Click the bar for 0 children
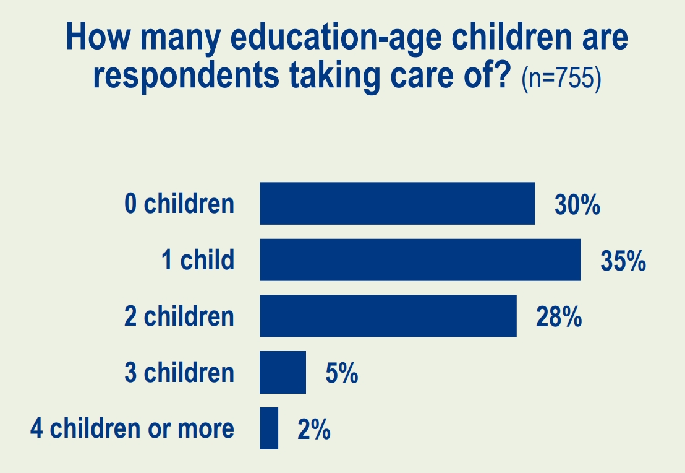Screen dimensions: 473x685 (x=397, y=203)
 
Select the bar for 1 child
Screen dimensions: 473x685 (x=420, y=259)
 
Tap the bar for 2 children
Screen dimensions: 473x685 (x=388, y=316)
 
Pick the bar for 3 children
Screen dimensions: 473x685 (x=283, y=372)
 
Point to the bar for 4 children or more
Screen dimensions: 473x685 (x=269, y=428)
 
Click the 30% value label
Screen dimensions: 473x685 (x=577, y=206)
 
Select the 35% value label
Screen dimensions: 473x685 (x=623, y=262)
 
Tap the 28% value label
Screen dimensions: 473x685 (x=559, y=318)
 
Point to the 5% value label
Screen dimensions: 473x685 (x=341, y=374)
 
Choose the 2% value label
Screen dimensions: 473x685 (x=313, y=430)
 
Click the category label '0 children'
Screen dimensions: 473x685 (x=179, y=204)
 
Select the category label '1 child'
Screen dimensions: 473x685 (x=198, y=260)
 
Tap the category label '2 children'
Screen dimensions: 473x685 (x=179, y=316)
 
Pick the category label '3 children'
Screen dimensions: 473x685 (x=179, y=373)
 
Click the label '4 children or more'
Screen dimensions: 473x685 (x=132, y=428)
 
